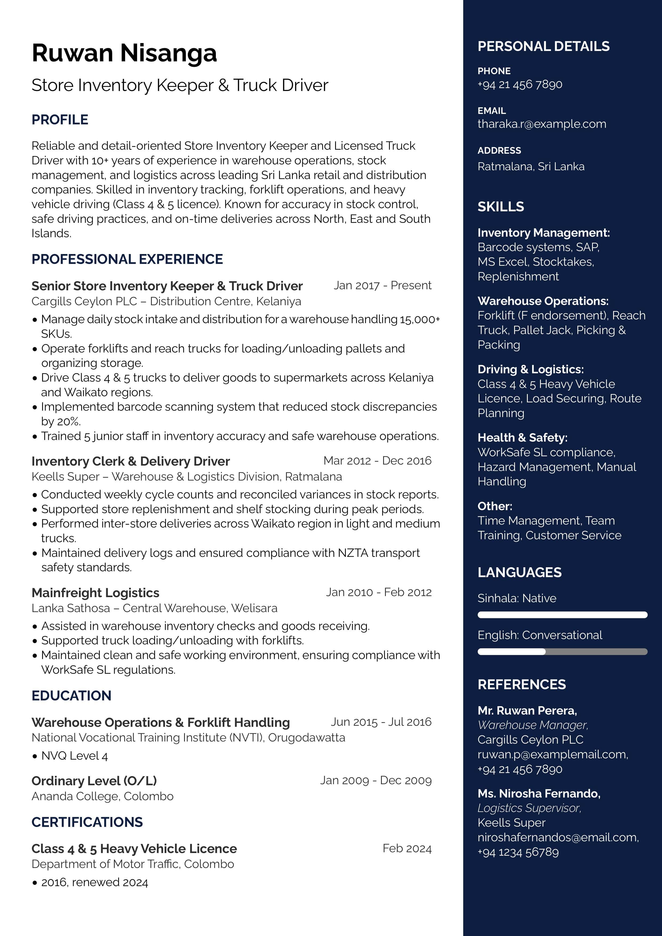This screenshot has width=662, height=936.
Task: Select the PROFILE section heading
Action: point(60,120)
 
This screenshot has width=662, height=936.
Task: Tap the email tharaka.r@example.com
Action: point(542,124)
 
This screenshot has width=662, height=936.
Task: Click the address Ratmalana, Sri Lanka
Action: point(531,166)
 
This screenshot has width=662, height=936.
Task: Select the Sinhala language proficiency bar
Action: point(562,615)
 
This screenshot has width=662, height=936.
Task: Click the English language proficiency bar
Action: point(562,652)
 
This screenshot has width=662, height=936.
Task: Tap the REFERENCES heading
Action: point(521,684)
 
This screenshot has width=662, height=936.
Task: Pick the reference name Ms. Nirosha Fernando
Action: point(538,793)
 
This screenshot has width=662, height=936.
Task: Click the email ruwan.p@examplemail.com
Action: point(552,755)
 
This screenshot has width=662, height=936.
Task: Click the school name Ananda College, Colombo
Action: point(102,796)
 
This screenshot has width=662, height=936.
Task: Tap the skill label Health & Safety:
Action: point(522,437)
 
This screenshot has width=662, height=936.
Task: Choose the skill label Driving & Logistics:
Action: point(530,369)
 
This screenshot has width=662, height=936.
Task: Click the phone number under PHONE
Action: point(520,84)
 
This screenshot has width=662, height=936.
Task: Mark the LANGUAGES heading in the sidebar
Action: point(519,572)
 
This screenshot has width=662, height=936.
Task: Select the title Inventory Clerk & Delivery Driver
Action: point(130,461)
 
